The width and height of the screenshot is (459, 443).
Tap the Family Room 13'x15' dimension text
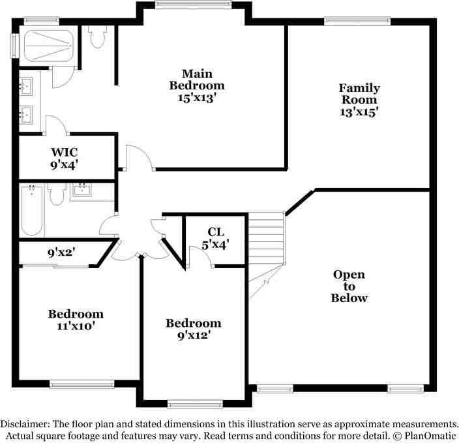pyautogui.click(x=359, y=112)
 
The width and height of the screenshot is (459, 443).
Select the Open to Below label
pyautogui.click(x=349, y=286)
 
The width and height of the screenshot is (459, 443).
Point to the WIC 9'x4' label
pyautogui.click(x=64, y=159)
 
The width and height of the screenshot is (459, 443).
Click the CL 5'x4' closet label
pyautogui.click(x=215, y=238)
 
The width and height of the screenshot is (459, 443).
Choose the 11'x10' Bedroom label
pyautogui.click(x=76, y=320)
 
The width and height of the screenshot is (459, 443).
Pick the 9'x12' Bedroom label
pyautogui.click(x=194, y=329)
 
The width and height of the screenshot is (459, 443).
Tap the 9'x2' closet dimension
pyautogui.click(x=61, y=252)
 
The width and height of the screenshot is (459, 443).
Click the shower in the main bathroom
pyautogui.click(x=48, y=46)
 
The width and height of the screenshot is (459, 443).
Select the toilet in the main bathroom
pyautogui.click(x=97, y=37)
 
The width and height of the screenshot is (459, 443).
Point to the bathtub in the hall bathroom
pyautogui.click(x=31, y=210)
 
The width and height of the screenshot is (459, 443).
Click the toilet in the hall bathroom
pyautogui.click(x=56, y=194)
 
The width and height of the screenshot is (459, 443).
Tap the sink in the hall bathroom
pyautogui.click(x=82, y=190)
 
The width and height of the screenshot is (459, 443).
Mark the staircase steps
pyautogui.click(x=267, y=239)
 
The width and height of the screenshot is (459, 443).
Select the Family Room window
pyautogui.click(x=357, y=20)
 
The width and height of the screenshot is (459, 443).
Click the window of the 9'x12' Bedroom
pyautogui.click(x=195, y=405)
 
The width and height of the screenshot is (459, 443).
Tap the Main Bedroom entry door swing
pyautogui.click(x=140, y=158)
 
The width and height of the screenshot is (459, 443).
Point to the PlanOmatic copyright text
pyautogui.click(x=425, y=435)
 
